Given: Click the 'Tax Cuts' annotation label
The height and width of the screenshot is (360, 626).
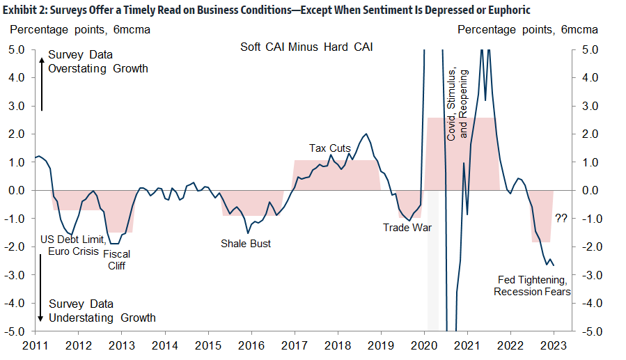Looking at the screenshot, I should point(330,148).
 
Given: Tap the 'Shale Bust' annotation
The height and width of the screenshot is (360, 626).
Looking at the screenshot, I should point(246,243).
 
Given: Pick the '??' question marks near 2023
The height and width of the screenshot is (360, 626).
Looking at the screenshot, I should point(561,218).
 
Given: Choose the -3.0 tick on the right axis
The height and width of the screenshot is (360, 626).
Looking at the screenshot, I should point(589,275).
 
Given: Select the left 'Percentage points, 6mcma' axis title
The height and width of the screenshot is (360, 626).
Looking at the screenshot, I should point(79,30).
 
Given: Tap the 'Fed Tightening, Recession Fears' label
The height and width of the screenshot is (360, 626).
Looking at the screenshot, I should point(533,285).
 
